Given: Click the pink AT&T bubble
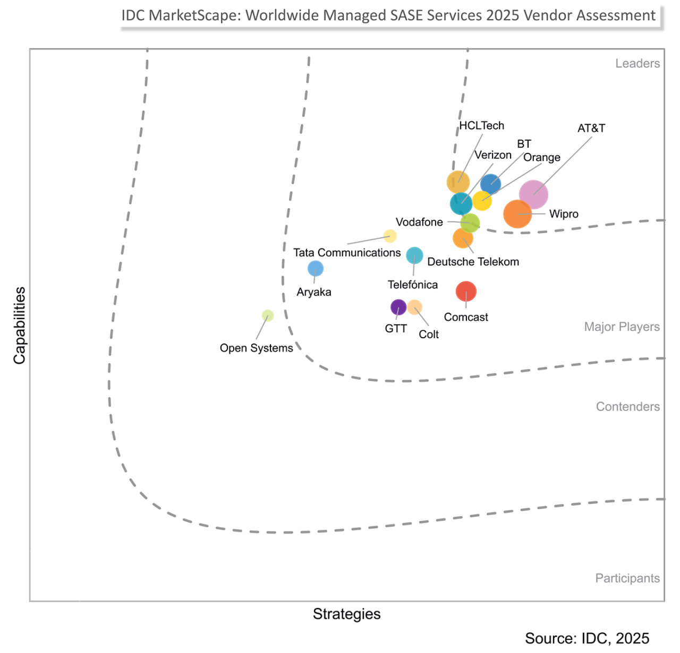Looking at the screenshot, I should [x=533, y=194].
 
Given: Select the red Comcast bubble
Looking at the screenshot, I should [x=466, y=291].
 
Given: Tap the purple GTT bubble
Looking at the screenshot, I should [x=398, y=307].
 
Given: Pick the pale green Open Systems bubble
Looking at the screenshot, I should [x=268, y=316].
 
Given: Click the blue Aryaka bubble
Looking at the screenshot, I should [x=316, y=269].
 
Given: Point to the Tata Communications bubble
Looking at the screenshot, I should [x=390, y=236].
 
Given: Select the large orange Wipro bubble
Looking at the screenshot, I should [x=517, y=214].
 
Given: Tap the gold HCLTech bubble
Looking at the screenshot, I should [x=458, y=182].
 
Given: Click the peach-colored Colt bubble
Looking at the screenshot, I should [x=415, y=307].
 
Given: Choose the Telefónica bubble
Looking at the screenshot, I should [x=414, y=255].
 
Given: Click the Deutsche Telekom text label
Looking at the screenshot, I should [x=473, y=262].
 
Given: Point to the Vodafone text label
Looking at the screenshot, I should [x=419, y=222].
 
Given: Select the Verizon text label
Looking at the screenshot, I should [x=492, y=155].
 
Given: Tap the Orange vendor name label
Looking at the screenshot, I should [x=541, y=158].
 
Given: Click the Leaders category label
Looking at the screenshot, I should [x=637, y=64].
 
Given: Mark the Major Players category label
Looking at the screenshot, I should [x=622, y=326].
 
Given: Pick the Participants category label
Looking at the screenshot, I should [x=627, y=578].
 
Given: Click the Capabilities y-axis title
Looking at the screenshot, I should [x=20, y=325].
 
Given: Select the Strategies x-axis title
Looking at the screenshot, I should [x=346, y=614].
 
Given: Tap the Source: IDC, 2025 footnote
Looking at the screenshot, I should [x=586, y=638].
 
